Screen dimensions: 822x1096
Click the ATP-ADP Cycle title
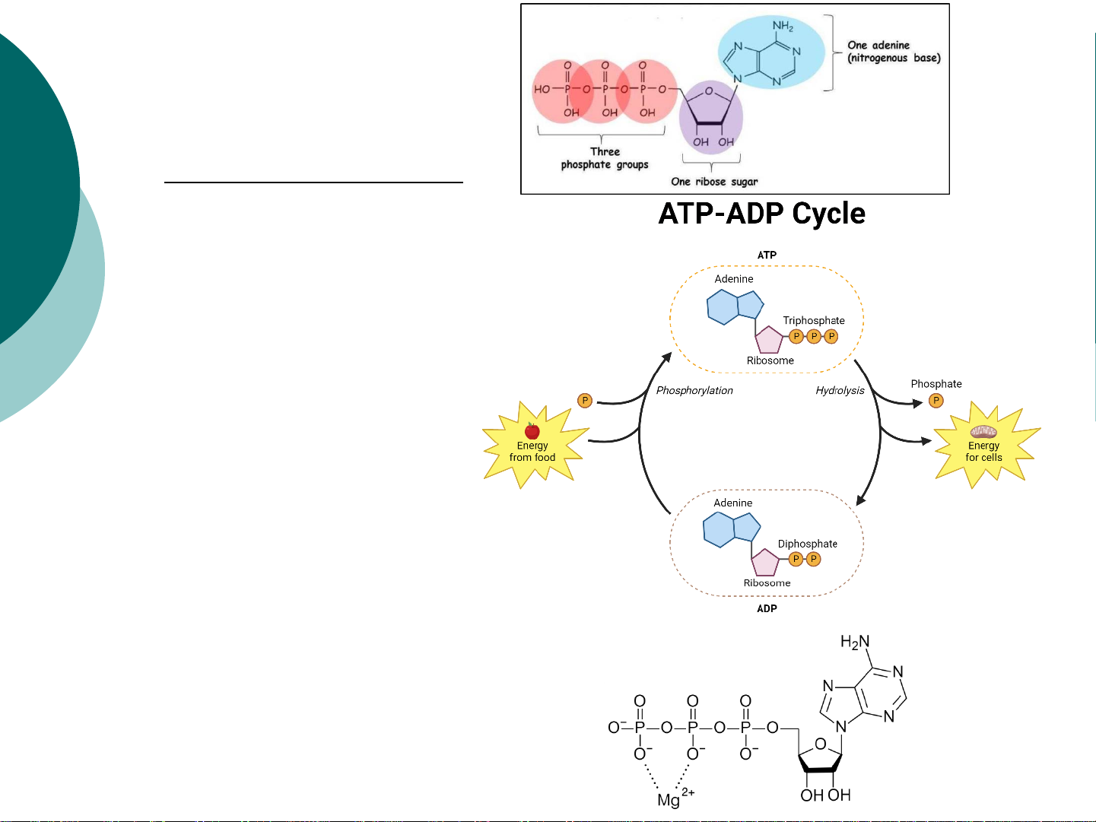pyautogui.click(x=761, y=214)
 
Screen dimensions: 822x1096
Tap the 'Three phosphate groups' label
pyautogui.click(x=605, y=158)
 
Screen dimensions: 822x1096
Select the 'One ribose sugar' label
pyautogui.click(x=714, y=182)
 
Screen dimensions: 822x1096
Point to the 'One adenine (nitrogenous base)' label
pyautogui.click(x=894, y=52)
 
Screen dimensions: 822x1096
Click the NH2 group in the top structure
pyautogui.click(x=783, y=27)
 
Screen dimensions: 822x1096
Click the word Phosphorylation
pyautogui.click(x=694, y=390)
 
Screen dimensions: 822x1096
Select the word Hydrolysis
pyautogui.click(x=840, y=390)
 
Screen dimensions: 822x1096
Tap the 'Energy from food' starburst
pyautogui.click(x=532, y=447)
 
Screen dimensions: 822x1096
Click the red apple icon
pyautogui.click(x=532, y=431)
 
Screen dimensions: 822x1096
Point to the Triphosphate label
pyautogui.click(x=814, y=320)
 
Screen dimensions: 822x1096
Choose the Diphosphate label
pyautogui.click(x=807, y=544)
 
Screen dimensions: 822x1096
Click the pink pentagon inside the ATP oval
pyautogui.click(x=769, y=339)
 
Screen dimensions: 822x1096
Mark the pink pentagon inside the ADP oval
pyautogui.click(x=765, y=563)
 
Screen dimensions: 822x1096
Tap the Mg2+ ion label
pyautogui.click(x=674, y=798)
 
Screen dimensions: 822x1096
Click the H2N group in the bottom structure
pyautogui.click(x=855, y=643)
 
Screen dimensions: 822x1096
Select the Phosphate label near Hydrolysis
pyautogui.click(x=936, y=384)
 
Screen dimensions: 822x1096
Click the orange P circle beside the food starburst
pyautogui.click(x=585, y=401)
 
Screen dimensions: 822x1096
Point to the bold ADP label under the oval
pyautogui.click(x=767, y=608)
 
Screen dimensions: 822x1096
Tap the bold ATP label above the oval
pyautogui.click(x=767, y=255)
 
